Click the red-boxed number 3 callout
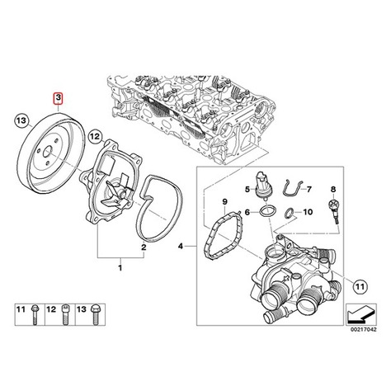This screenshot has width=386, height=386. click(59, 99)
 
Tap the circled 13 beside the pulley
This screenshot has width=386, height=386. click(22, 121)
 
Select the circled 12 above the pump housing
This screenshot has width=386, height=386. click(95, 137)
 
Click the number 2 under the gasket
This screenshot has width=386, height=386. click(144, 247)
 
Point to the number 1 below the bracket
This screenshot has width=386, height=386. click(120, 268)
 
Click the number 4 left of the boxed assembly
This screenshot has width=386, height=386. click(181, 246)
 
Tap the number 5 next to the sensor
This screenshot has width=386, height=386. click(247, 189)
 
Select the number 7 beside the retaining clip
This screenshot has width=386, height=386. click(308, 189)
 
